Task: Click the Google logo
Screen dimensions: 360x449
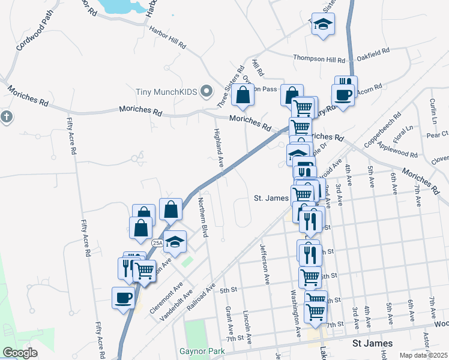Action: (x=20, y=352)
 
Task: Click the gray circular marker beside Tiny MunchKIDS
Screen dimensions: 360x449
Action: (x=207, y=91)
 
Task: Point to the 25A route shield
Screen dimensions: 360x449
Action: (x=157, y=243)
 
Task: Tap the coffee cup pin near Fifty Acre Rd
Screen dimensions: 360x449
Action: (x=124, y=297)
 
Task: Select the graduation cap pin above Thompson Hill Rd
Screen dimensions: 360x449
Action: (x=324, y=25)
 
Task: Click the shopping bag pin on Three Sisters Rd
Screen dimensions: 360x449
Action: (x=243, y=95)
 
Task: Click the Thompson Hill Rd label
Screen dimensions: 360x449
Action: (x=319, y=59)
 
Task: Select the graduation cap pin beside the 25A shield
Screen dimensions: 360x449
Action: (x=175, y=241)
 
